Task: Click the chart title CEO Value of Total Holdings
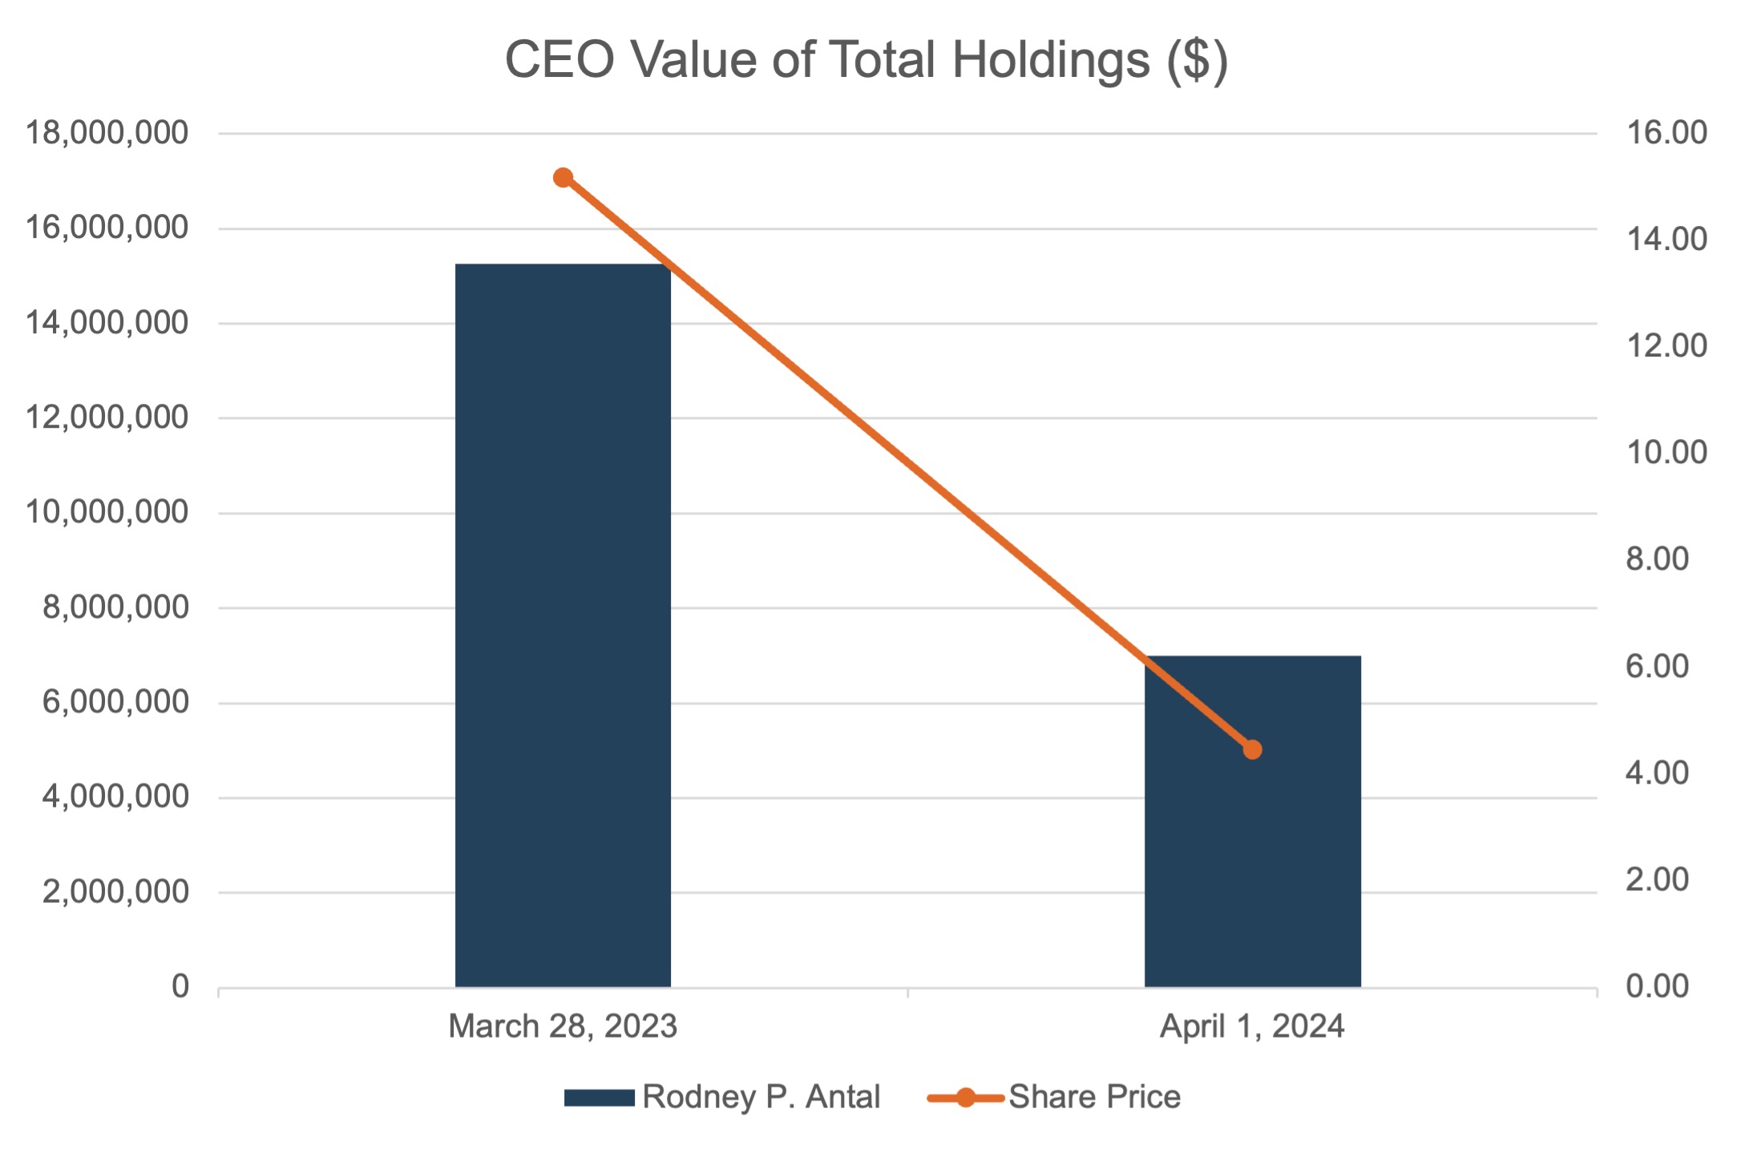[x=866, y=60]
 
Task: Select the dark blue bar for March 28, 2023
[x=563, y=625]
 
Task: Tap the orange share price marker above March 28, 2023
[x=563, y=177]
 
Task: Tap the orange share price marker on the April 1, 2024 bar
[x=1252, y=749]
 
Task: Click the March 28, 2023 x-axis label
[x=563, y=1026]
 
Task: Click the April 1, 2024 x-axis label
[x=1252, y=1026]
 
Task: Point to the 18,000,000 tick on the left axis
[x=107, y=133]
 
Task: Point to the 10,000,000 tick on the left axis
[x=107, y=512]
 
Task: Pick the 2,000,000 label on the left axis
[x=115, y=891]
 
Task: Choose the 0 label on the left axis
[x=180, y=986]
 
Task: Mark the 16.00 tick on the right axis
[x=1666, y=133]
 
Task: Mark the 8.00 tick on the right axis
[x=1657, y=559]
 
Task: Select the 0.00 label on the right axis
[x=1657, y=986]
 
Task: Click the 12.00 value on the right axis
[x=1666, y=346]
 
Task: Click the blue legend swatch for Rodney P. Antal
[x=599, y=1097]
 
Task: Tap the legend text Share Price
[x=1094, y=1097]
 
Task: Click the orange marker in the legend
[x=966, y=1097]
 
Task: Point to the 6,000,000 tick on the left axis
[x=115, y=702]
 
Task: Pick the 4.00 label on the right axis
[x=1657, y=773]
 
